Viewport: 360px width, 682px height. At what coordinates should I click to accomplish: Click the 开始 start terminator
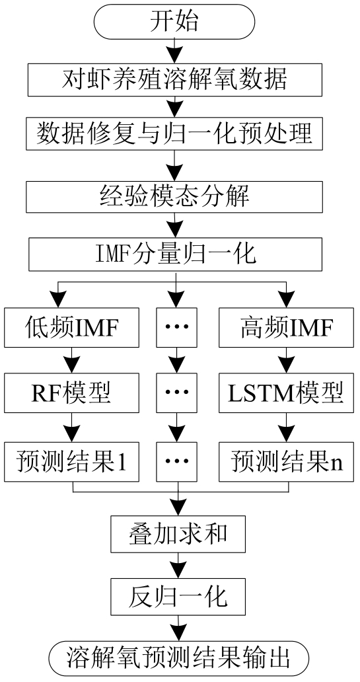tap(174, 21)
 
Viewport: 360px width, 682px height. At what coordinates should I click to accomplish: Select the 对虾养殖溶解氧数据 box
tap(175, 79)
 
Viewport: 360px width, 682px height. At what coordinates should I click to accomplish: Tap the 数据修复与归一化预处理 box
tap(175, 133)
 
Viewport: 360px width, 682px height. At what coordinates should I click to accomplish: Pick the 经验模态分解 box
tap(175, 197)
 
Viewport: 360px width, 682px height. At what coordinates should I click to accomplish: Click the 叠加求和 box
tap(178, 533)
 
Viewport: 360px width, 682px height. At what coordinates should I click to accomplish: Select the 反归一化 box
tap(178, 595)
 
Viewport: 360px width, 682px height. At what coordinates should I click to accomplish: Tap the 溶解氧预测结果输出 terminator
tap(178, 658)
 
